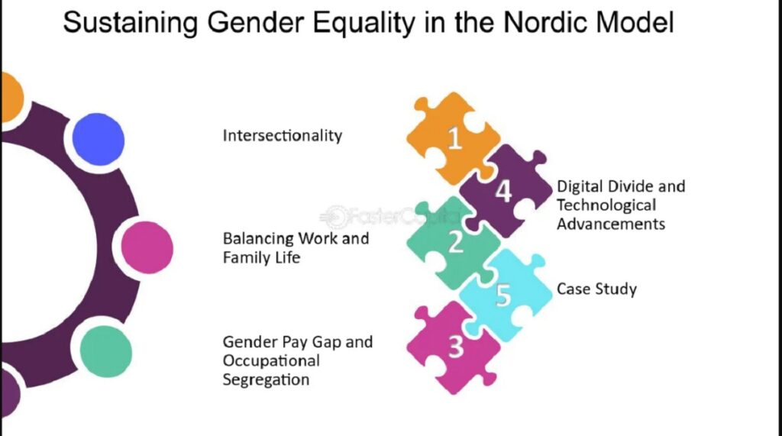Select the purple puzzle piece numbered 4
(505, 191)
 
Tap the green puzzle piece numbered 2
(453, 243)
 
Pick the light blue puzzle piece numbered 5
(505, 296)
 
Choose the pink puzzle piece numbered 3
(453, 347)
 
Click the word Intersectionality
(283, 136)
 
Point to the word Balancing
(258, 239)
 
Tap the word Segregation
(266, 380)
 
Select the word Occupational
(271, 361)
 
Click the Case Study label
(596, 289)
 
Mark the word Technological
(606, 205)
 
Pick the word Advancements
(611, 224)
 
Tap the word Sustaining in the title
(130, 23)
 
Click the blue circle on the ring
(99, 139)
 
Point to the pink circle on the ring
(147, 247)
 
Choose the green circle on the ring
(105, 351)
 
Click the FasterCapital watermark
(389, 217)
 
